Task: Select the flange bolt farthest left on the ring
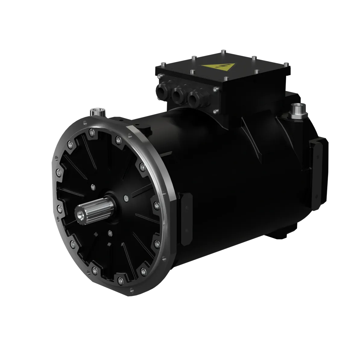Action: pyautogui.click(x=57, y=172)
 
